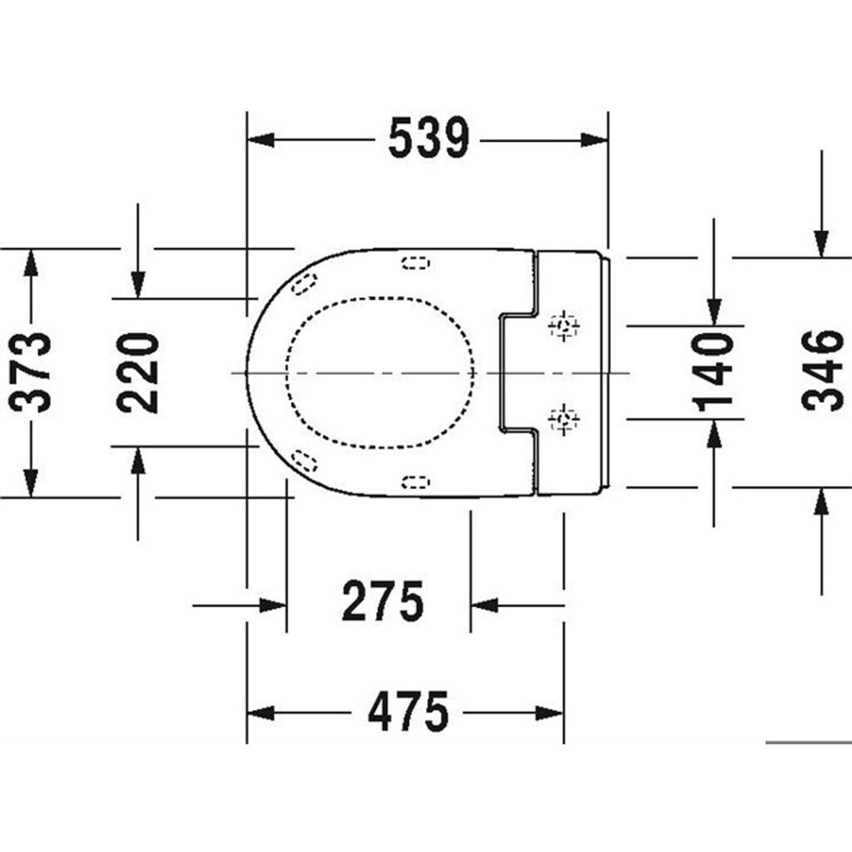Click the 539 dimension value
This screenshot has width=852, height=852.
coord(429,139)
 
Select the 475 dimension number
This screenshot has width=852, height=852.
coord(408,713)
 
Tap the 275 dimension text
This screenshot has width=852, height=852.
coord(382,602)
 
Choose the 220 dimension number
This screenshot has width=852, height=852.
coord(138,372)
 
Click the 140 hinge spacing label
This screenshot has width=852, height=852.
coord(714,372)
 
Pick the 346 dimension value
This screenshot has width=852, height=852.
coord(821,370)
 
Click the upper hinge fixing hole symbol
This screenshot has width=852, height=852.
coord(563,326)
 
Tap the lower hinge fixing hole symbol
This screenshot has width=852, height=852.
coord(563,420)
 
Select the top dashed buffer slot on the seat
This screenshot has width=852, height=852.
coord(415,263)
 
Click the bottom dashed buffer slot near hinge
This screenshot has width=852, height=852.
coord(415,480)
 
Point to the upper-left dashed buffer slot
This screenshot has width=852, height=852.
coord(302,285)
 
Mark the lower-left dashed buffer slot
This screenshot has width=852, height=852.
coord(302,458)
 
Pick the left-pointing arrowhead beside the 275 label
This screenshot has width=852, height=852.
coord(484,605)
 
